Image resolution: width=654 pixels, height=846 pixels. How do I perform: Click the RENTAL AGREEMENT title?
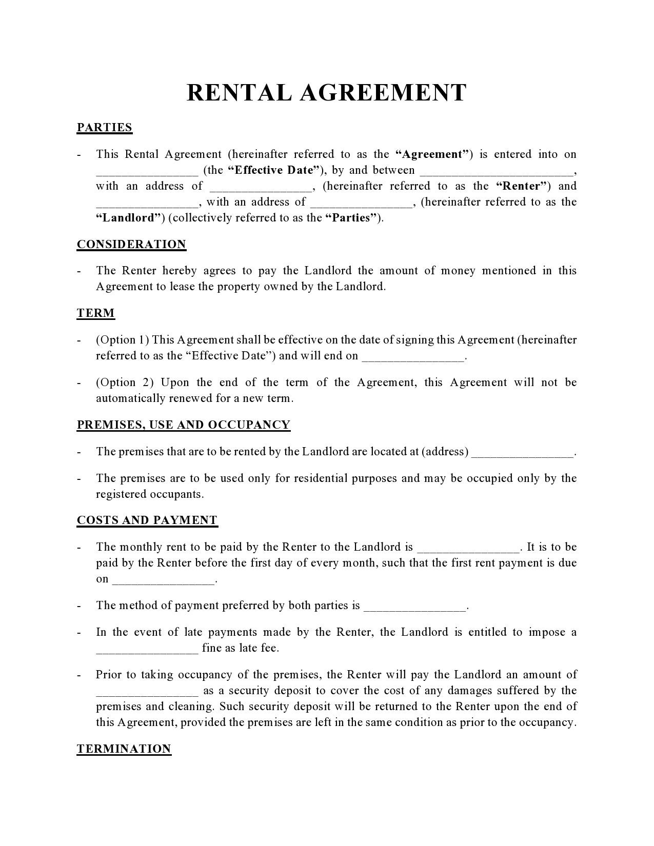[326, 93]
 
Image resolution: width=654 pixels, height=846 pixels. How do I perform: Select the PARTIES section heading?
[105, 128]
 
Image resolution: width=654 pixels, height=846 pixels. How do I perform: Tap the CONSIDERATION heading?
[131, 244]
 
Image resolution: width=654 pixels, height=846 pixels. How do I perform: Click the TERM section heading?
[96, 313]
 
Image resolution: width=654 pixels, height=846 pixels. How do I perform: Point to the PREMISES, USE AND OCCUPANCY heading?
[184, 425]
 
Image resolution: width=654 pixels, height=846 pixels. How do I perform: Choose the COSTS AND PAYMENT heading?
[147, 520]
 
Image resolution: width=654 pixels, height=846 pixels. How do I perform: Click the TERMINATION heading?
[124, 749]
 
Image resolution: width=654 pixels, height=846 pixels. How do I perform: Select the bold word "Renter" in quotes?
[523, 186]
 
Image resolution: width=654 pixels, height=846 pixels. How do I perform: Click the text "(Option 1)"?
[123, 340]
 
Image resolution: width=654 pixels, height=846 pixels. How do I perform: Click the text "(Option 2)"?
[125, 382]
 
